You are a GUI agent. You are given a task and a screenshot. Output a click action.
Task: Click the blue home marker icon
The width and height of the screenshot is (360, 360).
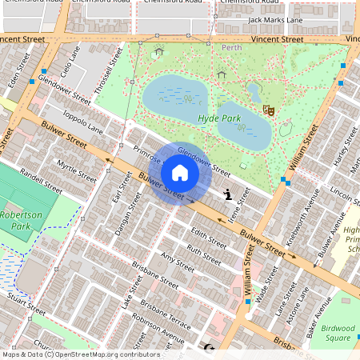coord(180,173)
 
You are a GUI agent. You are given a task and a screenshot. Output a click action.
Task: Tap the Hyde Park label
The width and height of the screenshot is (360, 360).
coord(219,118)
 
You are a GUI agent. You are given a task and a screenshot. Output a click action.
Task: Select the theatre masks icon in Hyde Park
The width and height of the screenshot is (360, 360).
coord(268,110)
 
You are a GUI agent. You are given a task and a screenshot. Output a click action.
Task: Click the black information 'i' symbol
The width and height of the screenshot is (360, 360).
coord(229,194)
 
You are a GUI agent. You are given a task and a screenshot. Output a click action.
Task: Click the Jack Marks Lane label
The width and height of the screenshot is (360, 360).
coord(275,19)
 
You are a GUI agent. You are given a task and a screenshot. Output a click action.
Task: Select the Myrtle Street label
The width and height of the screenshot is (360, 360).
coord(76,170)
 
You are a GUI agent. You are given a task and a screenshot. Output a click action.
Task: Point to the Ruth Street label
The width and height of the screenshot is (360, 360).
coord(203,254)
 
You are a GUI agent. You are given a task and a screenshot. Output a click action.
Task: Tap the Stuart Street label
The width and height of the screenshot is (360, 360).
coord(25,303)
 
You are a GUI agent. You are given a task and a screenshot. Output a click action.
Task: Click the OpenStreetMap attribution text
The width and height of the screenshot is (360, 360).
coord(80,354)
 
